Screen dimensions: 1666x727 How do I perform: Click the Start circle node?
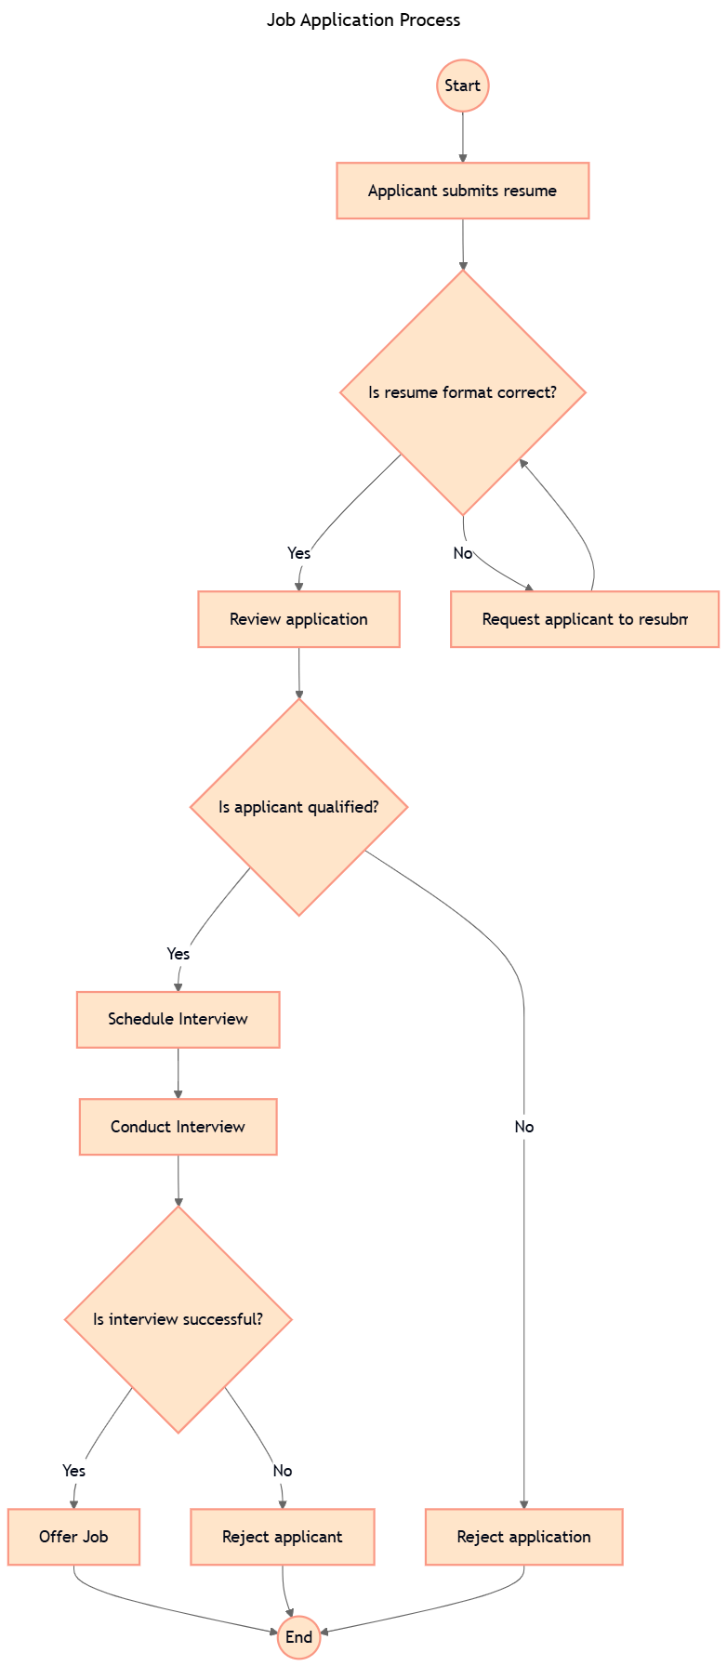point(462,86)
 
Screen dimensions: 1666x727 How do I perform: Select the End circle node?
point(298,1637)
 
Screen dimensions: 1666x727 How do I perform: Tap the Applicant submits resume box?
point(462,191)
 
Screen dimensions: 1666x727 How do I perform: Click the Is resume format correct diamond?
point(462,392)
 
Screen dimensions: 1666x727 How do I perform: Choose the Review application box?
point(298,619)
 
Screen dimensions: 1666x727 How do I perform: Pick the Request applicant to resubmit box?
point(585,619)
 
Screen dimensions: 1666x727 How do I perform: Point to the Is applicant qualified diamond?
point(298,807)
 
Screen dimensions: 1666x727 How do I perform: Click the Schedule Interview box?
point(178,1019)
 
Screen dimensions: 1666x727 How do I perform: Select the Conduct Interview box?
point(178,1127)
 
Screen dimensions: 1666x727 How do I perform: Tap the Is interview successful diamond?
point(178,1319)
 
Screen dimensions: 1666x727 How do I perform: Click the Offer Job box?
point(73,1537)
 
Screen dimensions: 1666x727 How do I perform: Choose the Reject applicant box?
point(283,1537)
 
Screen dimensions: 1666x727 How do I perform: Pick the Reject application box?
point(523,1537)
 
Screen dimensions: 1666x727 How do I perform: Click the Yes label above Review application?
point(298,553)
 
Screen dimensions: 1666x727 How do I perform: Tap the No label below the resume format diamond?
point(462,553)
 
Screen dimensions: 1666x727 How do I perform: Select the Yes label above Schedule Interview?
point(178,953)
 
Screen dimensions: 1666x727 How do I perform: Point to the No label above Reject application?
point(524,1127)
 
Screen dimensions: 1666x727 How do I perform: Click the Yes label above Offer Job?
point(73,1470)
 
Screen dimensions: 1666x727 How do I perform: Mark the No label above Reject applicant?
point(283,1470)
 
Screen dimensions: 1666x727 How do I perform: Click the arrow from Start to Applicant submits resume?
point(462,137)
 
